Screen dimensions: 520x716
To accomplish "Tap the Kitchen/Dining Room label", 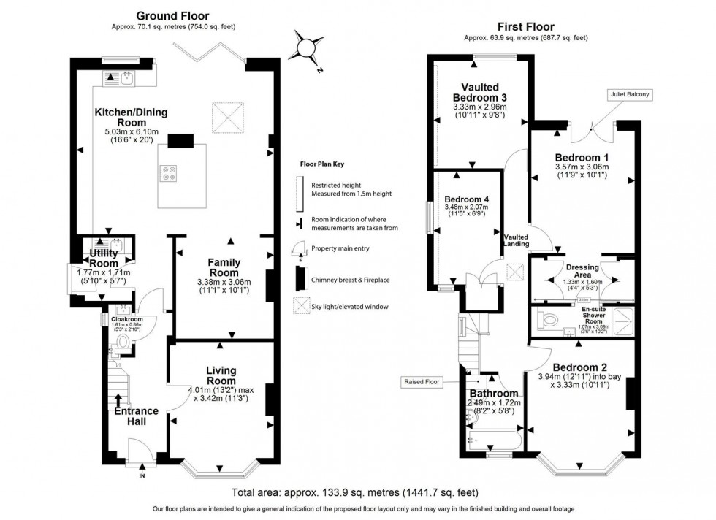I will (131, 118).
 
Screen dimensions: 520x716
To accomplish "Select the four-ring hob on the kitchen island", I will (170, 174).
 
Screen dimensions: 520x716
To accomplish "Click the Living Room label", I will (221, 376).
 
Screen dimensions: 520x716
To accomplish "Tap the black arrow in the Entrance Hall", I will (118, 400).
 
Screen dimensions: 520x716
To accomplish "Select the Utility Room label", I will (104, 258).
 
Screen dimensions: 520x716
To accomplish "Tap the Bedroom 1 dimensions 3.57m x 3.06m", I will (582, 167).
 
